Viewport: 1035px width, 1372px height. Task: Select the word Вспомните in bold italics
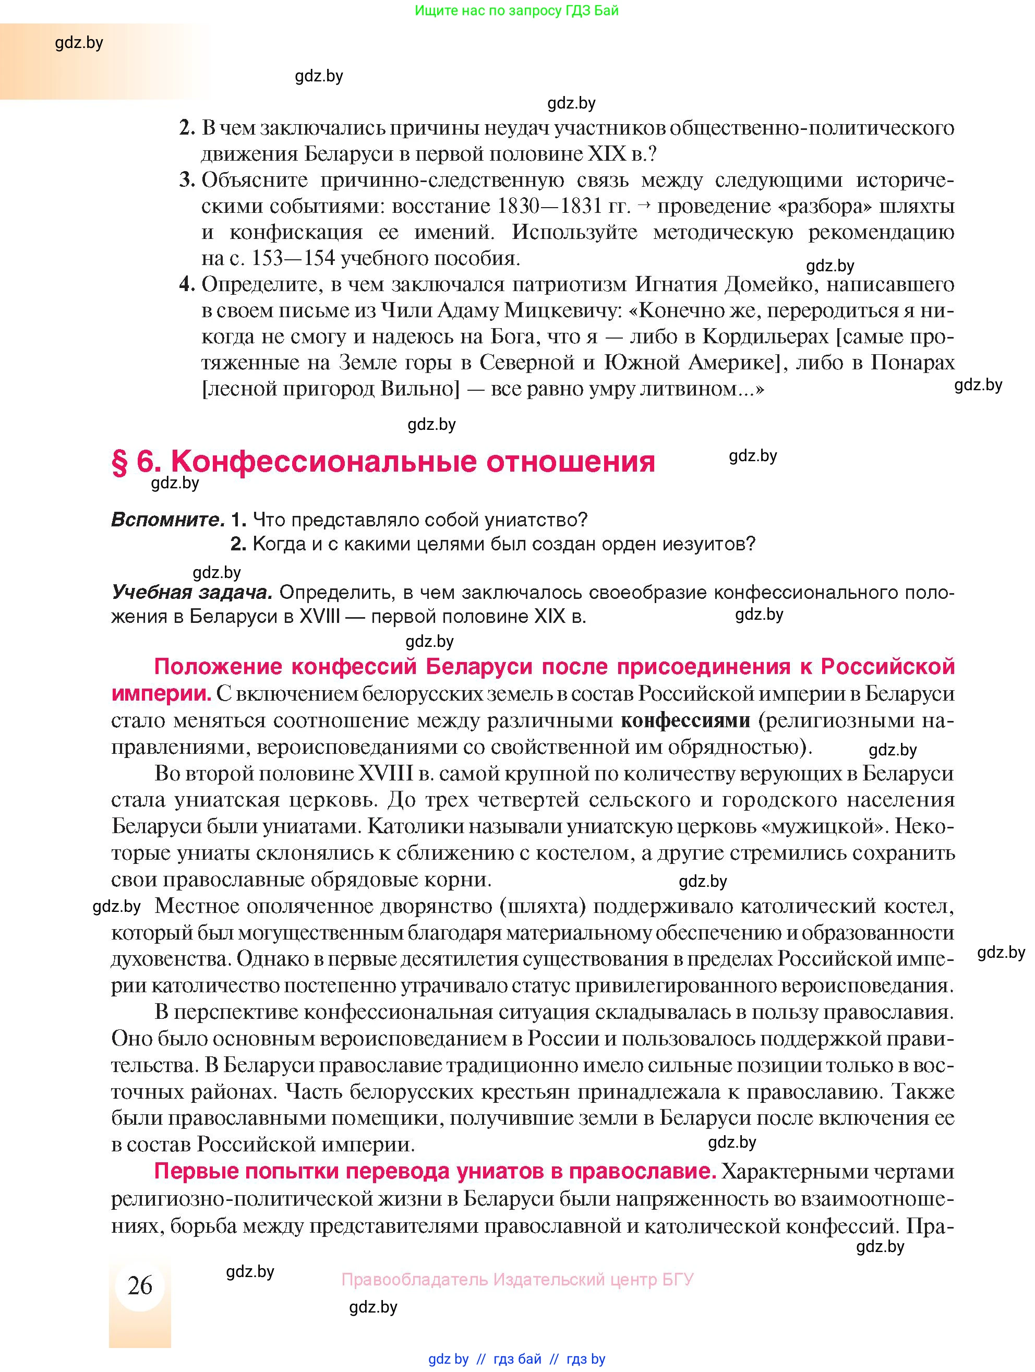pyautogui.click(x=167, y=519)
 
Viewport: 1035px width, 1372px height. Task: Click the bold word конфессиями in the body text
pyautogui.click(x=685, y=721)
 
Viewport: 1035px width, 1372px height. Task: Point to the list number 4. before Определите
pyautogui.click(x=187, y=284)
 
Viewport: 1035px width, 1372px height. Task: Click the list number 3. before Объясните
pyautogui.click(x=187, y=180)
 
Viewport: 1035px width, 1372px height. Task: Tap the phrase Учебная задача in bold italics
pyautogui.click(x=191, y=592)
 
